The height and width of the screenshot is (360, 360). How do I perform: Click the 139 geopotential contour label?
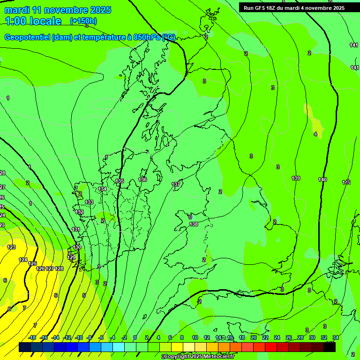pyautogui.click(x=296, y=178)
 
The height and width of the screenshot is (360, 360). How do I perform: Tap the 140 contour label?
pyautogui.click(x=322, y=180)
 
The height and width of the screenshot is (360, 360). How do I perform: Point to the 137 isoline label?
pyautogui.click(x=176, y=184)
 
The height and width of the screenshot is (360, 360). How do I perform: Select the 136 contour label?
pyautogui.click(x=142, y=180)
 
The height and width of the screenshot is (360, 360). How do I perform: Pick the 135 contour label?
pyautogui.click(x=120, y=181)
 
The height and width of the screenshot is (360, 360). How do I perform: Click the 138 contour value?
pyautogui.click(x=194, y=224)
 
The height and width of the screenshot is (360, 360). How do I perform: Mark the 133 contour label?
pyautogui.click(x=89, y=202)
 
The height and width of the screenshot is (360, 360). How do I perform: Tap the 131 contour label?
pyautogui.click(x=76, y=229)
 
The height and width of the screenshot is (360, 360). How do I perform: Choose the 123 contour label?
pyautogui.click(x=11, y=247)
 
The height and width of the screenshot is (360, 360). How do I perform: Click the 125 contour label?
pyautogui.click(x=32, y=264)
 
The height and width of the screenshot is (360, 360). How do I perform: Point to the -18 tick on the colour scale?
pyautogui.click(x=32, y=337)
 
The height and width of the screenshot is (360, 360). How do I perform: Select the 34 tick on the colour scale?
pyautogui.click(x=336, y=337)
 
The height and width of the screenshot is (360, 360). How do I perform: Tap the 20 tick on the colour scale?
pyautogui.click(x=253, y=337)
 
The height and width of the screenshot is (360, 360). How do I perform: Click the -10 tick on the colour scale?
pyautogui.click(x=79, y=337)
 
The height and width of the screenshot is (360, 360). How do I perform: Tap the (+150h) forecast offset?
pyautogui.click(x=83, y=21)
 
